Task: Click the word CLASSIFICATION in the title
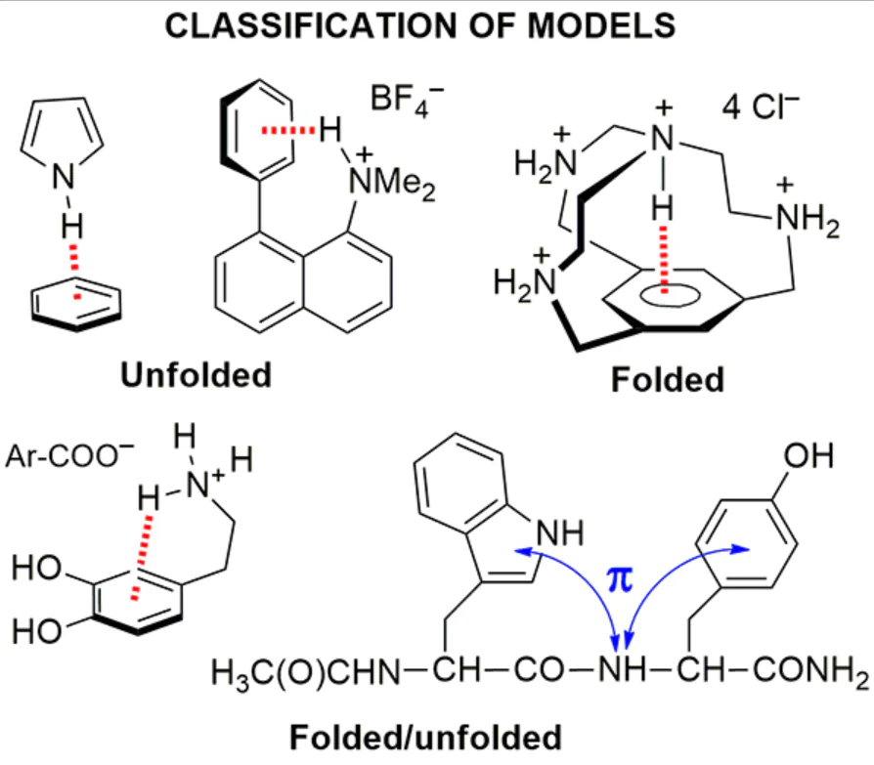[x=313, y=25]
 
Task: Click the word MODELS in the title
[x=601, y=25]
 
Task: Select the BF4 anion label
[x=407, y=101]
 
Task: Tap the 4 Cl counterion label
[x=761, y=106]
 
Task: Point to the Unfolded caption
[x=197, y=374]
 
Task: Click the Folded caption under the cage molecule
[x=667, y=379]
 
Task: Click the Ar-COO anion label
[x=69, y=455]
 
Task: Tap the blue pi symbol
[x=620, y=579]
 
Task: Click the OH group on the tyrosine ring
[x=808, y=455]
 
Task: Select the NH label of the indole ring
[x=559, y=532]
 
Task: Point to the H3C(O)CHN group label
[x=305, y=672]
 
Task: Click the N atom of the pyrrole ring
[x=64, y=177]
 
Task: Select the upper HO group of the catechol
[x=36, y=568]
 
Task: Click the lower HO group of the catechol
[x=36, y=632]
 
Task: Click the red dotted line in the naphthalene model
[x=288, y=130]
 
